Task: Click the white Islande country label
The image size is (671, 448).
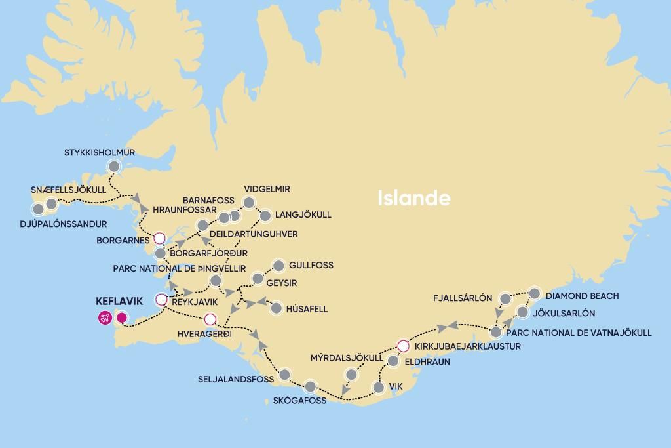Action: pyautogui.click(x=413, y=198)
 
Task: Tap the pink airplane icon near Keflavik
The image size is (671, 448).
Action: pyautogui.click(x=104, y=318)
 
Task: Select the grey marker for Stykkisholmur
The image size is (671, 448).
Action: pyautogui.click(x=115, y=166)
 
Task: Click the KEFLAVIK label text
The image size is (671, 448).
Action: pyautogui.click(x=119, y=302)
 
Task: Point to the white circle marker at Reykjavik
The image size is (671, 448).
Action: pyautogui.click(x=161, y=300)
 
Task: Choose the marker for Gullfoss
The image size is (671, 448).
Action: pyautogui.click(x=278, y=266)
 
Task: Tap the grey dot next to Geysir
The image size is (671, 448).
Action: pyautogui.click(x=258, y=279)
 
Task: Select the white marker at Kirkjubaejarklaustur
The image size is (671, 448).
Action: pyautogui.click(x=403, y=346)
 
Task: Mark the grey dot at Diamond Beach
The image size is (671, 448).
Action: pyautogui.click(x=534, y=293)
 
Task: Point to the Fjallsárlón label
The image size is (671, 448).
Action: pyautogui.click(x=462, y=298)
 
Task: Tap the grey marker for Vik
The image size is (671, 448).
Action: pyautogui.click(x=378, y=387)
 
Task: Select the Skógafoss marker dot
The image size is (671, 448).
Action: pyautogui.click(x=310, y=386)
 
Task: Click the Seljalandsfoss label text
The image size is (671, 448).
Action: pyautogui.click(x=236, y=380)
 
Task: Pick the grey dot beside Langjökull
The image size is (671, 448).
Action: pyautogui.click(x=265, y=215)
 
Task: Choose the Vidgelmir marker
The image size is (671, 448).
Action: pyautogui.click(x=249, y=202)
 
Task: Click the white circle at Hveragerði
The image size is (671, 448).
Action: pyautogui.click(x=210, y=319)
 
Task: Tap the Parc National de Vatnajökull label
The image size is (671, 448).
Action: pyautogui.click(x=579, y=333)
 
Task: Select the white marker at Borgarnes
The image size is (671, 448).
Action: pyautogui.click(x=159, y=238)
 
